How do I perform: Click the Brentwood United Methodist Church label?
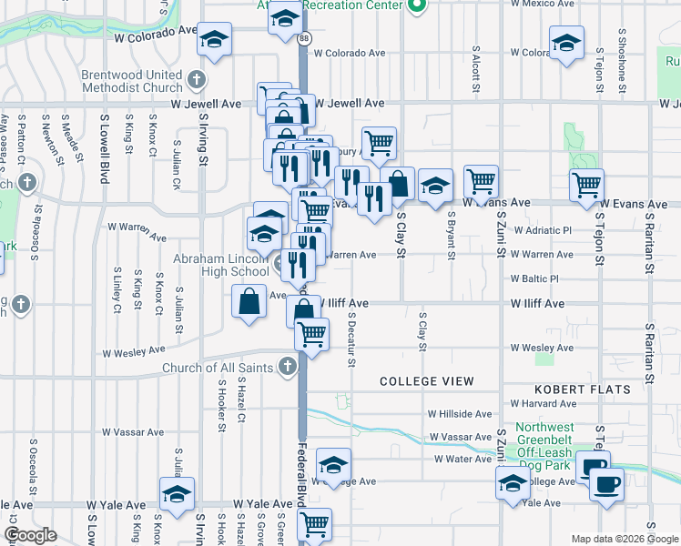[132, 82]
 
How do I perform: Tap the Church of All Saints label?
[219, 368]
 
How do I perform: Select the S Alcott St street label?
[476, 70]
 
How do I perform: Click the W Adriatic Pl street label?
[542, 231]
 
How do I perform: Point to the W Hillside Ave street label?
[461, 413]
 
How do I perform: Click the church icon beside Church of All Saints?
[288, 368]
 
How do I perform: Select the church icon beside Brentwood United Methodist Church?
[196, 81]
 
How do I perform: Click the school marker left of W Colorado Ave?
[215, 40]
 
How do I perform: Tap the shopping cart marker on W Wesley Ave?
[311, 335]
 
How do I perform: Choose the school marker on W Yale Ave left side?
[176, 494]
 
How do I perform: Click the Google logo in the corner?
[30, 535]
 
